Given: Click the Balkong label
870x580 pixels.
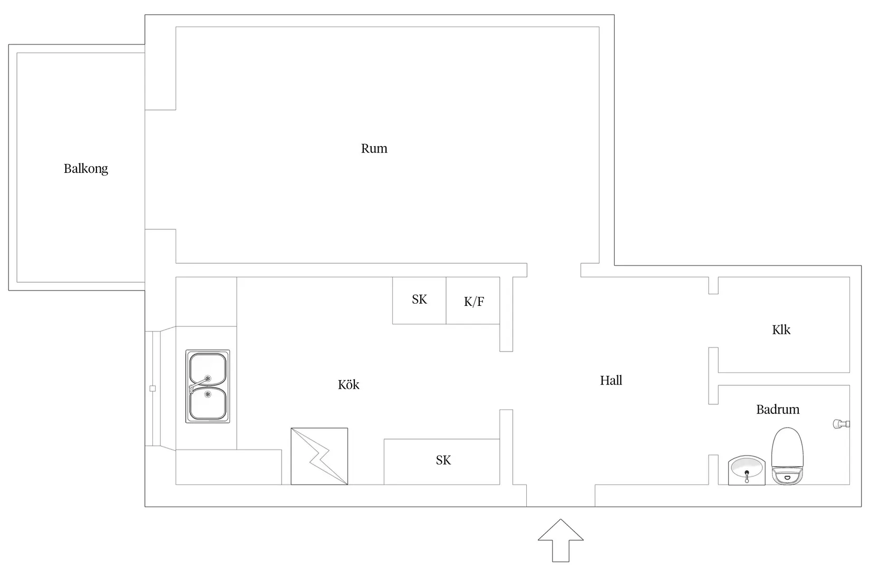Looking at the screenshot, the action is point(86,169).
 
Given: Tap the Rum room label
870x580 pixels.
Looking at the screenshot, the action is point(374,148).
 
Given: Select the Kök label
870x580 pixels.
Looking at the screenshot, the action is point(349,384).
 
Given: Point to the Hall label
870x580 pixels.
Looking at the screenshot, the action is point(611,380).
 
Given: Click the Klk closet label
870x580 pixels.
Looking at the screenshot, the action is point(781,330).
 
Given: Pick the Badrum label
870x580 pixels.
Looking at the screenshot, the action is point(778,410).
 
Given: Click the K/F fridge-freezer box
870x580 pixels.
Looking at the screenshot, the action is point(472,301).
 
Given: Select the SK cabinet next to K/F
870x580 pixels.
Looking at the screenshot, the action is point(419,301).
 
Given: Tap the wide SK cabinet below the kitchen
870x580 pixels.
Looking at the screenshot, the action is point(442,461).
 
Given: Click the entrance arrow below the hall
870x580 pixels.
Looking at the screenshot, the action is point(560,540).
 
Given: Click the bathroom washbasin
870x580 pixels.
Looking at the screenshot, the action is point(747,470).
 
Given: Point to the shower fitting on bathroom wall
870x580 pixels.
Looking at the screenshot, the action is point(841,424).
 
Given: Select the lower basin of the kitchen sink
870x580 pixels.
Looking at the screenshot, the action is point(208,403).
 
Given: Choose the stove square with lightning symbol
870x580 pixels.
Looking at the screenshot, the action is point(319,456).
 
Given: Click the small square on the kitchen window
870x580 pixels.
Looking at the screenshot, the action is point(152,389).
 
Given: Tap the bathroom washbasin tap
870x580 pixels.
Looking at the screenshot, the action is point(747,477).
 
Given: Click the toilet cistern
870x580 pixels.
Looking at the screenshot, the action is point(787,476).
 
